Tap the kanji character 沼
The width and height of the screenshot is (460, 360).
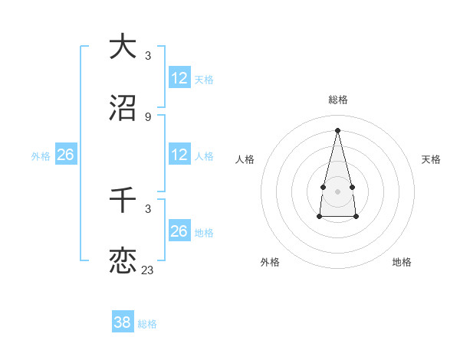tap(123, 108)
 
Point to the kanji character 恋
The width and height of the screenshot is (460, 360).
tap(123, 260)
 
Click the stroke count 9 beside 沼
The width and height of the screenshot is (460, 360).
tap(148, 117)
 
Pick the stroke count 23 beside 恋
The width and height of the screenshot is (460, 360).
tap(148, 270)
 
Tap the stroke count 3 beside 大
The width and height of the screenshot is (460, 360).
tap(148, 55)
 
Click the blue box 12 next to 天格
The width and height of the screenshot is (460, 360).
tap(179, 78)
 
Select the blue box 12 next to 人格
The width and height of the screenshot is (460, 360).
tap(179, 155)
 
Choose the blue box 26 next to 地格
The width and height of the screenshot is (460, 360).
tap(179, 231)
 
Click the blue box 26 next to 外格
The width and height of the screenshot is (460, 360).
tap(65, 155)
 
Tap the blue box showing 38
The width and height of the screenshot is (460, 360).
tap(122, 322)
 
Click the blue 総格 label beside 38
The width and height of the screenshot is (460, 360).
tap(147, 324)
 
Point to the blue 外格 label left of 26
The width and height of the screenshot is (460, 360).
tap(41, 156)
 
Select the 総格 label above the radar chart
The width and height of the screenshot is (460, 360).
tap(337, 100)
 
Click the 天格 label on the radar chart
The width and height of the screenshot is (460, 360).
tap(431, 159)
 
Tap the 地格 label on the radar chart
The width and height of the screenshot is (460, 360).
tap(402, 262)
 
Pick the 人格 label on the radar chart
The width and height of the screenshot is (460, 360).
tap(245, 159)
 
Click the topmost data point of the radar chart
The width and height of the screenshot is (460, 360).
tap(337, 130)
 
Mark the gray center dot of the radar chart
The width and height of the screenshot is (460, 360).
tap(337, 190)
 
